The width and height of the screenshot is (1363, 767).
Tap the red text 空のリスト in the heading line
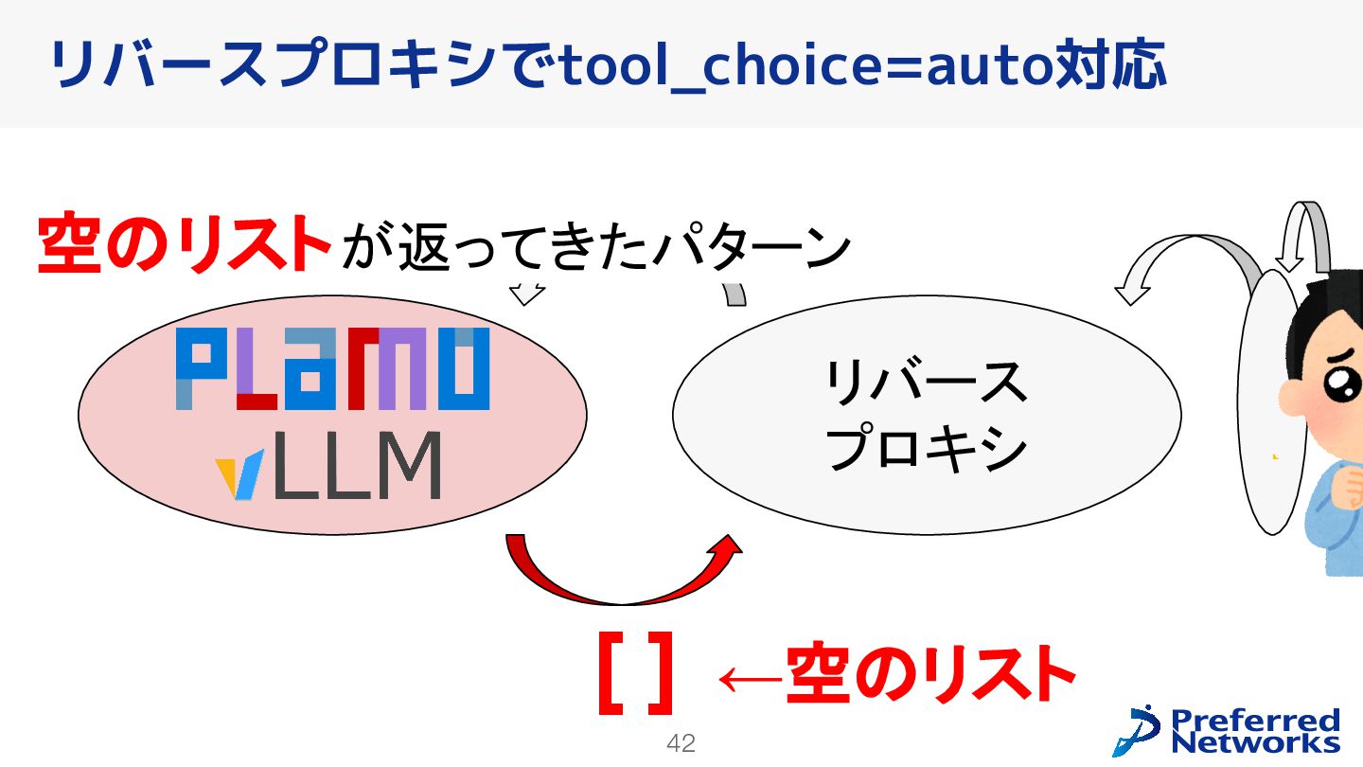185,243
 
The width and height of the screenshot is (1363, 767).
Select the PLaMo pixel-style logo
332,368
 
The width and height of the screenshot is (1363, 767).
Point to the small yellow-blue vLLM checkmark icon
235,477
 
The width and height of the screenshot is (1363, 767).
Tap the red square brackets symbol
635,674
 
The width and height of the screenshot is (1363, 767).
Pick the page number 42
681,743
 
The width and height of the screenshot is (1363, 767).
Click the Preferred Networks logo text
1255,730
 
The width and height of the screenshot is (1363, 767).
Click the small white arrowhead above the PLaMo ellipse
527,294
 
